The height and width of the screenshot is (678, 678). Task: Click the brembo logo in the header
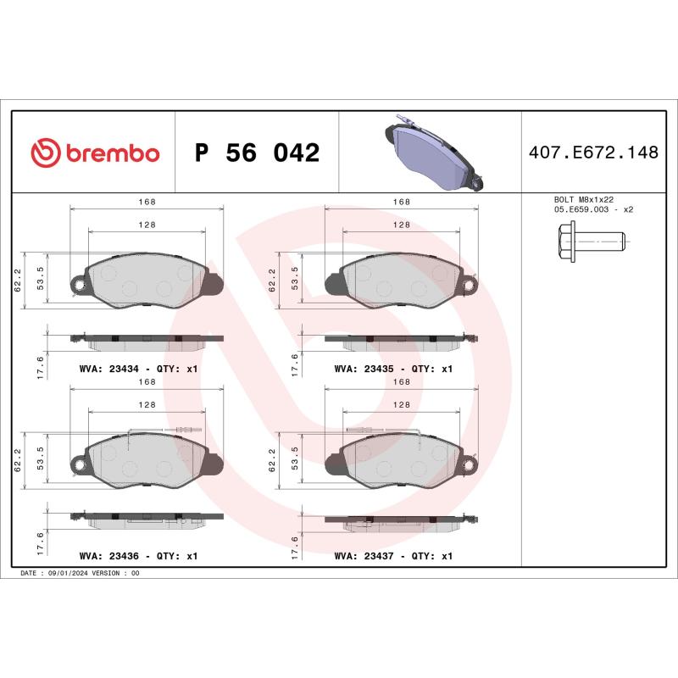pos(95,153)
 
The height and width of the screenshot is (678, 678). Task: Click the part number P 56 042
pos(257,153)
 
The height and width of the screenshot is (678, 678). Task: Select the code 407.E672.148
pos(592,153)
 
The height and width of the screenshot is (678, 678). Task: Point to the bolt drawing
pos(591,241)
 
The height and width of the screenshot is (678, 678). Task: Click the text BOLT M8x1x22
pos(582,199)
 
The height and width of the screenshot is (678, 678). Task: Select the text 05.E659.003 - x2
pos(593,208)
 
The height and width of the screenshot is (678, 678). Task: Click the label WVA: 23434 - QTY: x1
pos(138,370)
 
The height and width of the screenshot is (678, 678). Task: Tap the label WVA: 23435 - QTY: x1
pos(394,370)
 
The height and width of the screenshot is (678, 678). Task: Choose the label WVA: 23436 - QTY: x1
pos(138,556)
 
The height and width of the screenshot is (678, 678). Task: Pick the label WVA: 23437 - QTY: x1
pos(394,556)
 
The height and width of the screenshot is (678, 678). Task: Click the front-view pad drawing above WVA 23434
pos(145,281)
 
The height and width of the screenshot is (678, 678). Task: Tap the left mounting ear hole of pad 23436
pos(79,464)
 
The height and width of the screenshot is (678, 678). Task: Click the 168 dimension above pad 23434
pos(146,202)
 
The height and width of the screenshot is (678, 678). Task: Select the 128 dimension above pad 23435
pos(401,225)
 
